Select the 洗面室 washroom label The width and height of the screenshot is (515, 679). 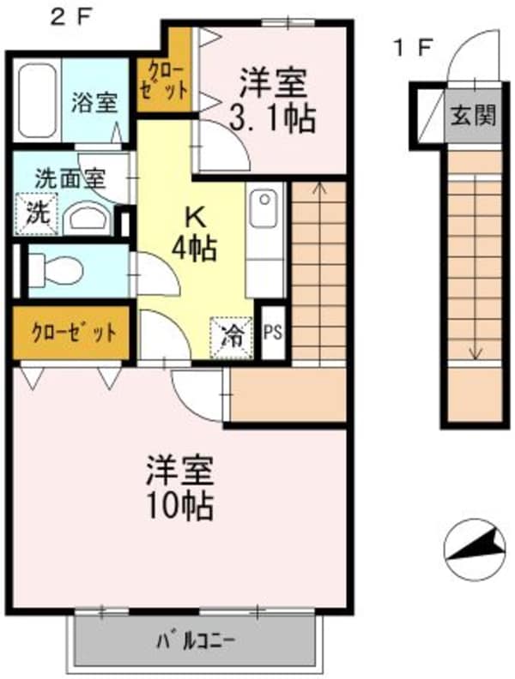(70, 180)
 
